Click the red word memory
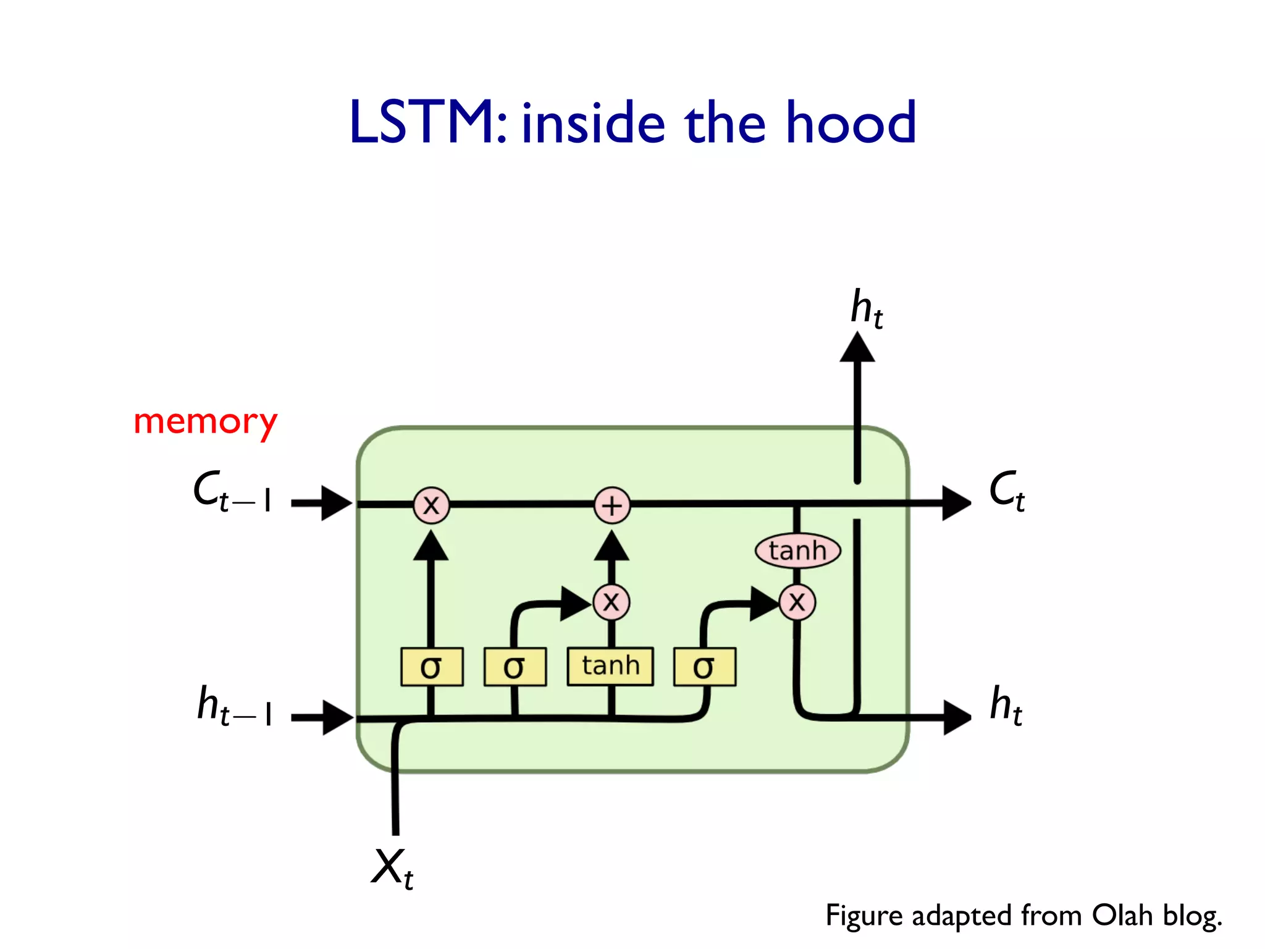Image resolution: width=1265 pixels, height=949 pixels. click(206, 423)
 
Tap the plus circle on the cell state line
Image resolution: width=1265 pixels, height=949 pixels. click(611, 505)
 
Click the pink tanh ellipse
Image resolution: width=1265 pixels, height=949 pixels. click(797, 550)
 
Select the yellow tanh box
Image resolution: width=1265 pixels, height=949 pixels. click(610, 666)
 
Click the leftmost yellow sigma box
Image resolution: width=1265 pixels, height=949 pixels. click(431, 667)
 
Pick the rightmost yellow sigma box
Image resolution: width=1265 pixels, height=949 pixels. click(704, 667)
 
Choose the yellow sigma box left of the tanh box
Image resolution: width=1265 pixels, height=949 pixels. click(515, 667)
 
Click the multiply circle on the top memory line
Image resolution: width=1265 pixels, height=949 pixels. click(431, 505)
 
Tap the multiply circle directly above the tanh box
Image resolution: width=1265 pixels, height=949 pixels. click(611, 602)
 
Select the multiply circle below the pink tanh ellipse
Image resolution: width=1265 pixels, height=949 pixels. click(797, 602)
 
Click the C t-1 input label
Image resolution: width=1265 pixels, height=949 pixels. click(232, 492)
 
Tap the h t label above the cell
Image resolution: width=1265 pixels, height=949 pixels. click(866, 309)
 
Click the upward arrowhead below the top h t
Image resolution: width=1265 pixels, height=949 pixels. click(857, 348)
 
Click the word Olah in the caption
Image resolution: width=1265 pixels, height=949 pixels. click(1122, 916)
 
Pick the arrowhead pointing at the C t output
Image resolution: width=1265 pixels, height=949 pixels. click(956, 503)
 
